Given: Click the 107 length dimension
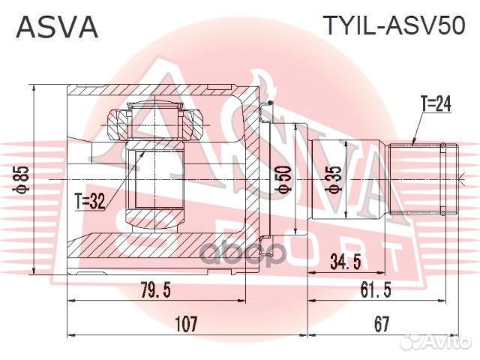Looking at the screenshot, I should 185,323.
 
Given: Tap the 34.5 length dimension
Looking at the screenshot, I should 346,263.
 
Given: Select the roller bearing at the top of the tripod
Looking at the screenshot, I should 157,122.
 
